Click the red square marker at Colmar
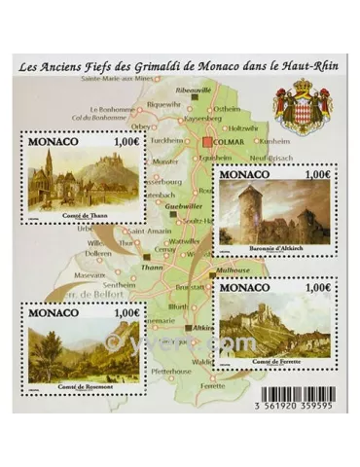207,147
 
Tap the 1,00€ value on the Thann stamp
129,142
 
